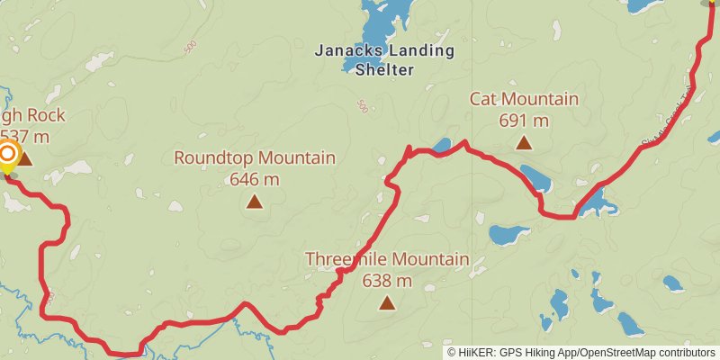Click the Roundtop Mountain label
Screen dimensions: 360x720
[x=255, y=158]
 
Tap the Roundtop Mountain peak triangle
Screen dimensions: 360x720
[x=255, y=202]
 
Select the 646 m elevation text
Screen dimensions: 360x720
[x=255, y=178]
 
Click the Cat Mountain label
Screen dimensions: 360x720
[x=524, y=99]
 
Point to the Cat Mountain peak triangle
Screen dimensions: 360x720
[x=523, y=142]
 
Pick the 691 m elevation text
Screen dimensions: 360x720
[x=524, y=119]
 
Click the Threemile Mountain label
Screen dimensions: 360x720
[x=387, y=260]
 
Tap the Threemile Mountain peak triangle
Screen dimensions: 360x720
[x=387, y=302]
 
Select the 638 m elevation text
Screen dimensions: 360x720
[x=387, y=281]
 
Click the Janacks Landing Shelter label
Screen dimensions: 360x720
[x=384, y=59]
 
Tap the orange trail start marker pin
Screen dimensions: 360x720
[x=6, y=155]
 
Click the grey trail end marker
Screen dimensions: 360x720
[x=709, y=3]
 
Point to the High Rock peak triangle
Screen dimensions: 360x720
[x=24, y=160]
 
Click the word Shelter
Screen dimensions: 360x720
[x=384, y=70]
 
